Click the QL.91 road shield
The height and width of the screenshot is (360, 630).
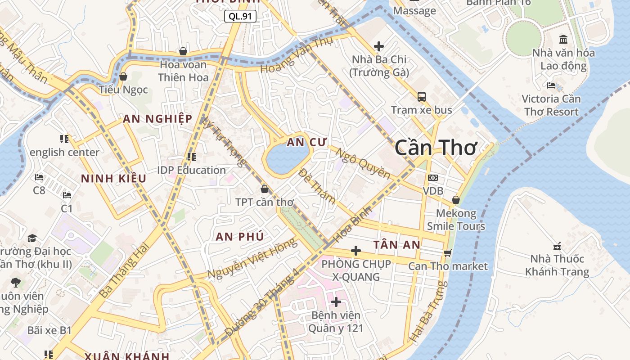[240, 17]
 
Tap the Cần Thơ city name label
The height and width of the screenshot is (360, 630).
[435, 148]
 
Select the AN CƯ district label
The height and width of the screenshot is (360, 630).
[306, 143]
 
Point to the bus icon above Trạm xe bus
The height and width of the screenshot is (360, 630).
[422, 96]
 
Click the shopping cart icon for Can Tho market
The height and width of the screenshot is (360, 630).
[447, 253]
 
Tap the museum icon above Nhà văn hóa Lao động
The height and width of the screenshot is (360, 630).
[563, 39]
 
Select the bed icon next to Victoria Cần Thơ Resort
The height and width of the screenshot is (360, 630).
[551, 85]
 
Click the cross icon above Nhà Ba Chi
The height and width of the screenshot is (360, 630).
[379, 46]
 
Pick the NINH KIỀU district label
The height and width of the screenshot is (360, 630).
[113, 179]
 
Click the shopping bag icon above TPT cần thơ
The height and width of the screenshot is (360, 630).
[265, 189]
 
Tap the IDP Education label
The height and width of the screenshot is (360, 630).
[191, 170]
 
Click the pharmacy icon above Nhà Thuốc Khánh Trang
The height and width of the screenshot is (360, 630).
[557, 246]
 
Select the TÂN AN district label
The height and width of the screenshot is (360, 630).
[396, 245]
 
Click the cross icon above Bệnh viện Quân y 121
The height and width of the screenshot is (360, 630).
[336, 302]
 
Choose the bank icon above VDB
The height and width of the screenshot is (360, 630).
[433, 178]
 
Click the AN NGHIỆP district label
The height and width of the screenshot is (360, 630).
[157, 119]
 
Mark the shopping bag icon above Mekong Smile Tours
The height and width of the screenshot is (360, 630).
[456, 200]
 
